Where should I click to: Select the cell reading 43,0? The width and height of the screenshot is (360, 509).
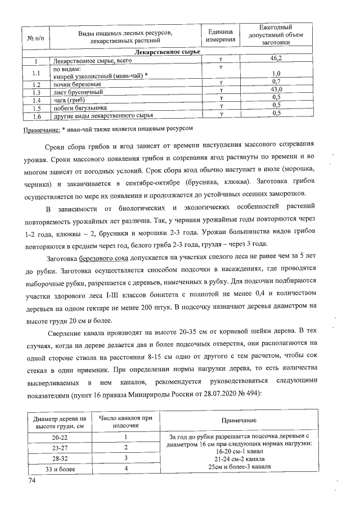pyautogui.click(x=276, y=90)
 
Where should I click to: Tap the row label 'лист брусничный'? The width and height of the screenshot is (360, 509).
pyautogui.click(x=78, y=91)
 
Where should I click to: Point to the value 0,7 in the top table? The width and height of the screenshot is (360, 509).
pyautogui.click(x=276, y=82)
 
